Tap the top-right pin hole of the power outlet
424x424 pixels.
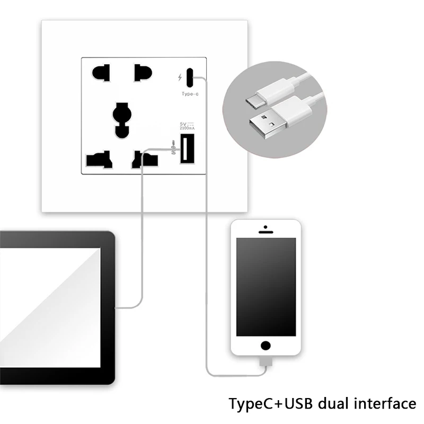[142, 73]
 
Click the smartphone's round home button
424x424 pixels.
[266, 346]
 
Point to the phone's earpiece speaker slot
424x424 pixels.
[266, 232]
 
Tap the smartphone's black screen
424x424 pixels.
[266, 286]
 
